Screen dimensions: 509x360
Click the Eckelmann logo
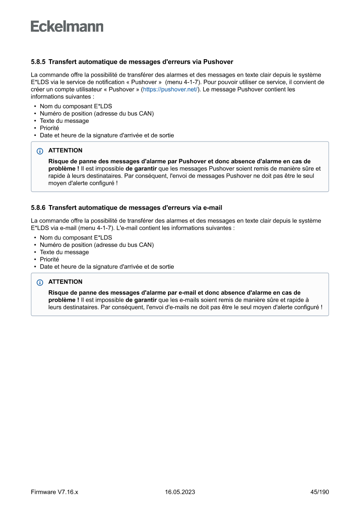(67, 27)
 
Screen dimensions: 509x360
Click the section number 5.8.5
(39, 62)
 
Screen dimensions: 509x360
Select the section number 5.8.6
(39, 208)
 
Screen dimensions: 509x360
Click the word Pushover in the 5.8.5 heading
(218, 62)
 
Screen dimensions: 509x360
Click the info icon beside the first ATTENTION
(40, 151)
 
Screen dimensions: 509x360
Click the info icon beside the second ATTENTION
(40, 283)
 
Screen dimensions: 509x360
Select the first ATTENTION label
(65, 151)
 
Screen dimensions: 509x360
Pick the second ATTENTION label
(65, 282)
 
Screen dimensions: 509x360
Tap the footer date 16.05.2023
(180, 492)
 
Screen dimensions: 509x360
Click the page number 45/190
(320, 492)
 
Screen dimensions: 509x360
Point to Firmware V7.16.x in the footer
(54, 492)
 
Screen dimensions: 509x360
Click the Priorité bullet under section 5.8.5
(49, 128)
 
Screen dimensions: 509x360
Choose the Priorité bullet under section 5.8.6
(49, 260)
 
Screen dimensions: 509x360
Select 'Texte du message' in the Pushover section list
(64, 121)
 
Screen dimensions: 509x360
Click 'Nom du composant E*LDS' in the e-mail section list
(76, 238)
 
